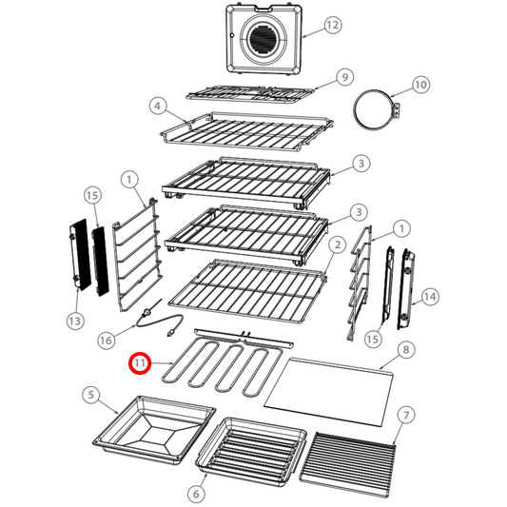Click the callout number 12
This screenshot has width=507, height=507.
[x=332, y=26]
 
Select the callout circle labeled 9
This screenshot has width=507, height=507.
[x=344, y=76]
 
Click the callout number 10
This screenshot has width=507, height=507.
[x=419, y=86]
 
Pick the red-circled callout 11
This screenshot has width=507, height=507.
[x=141, y=363]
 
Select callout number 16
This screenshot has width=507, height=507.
[x=107, y=339]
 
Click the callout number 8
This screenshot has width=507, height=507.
[x=406, y=350]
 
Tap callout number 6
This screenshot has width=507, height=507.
[x=196, y=494]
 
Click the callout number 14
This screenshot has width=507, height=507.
[x=431, y=297]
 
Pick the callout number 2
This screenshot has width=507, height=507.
[x=336, y=244]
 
